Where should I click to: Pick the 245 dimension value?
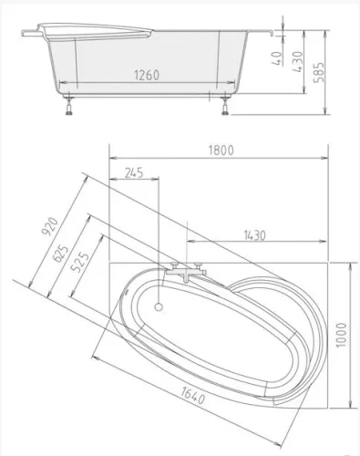(x=134, y=171)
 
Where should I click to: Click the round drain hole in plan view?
(x=162, y=306)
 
